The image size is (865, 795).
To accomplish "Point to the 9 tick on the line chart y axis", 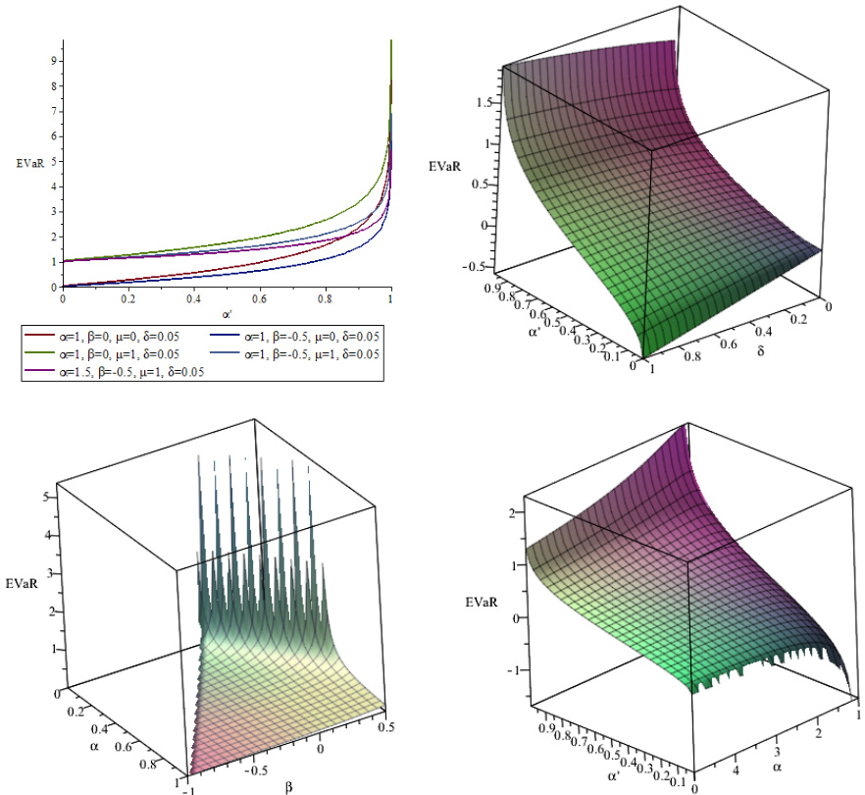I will pos(53,60).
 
